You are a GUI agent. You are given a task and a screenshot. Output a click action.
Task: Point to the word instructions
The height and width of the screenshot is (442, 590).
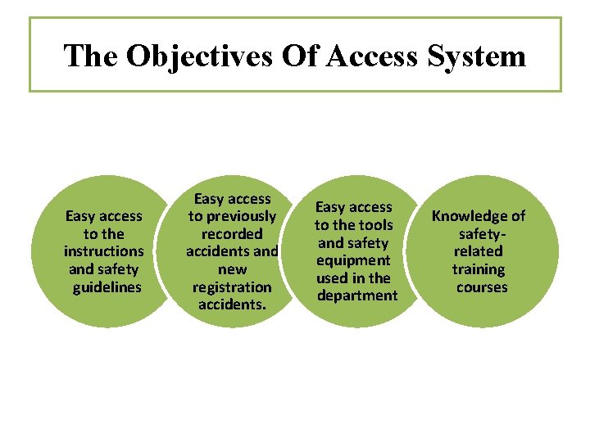[103, 251]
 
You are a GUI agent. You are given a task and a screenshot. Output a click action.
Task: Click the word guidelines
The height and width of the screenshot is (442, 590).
[107, 287]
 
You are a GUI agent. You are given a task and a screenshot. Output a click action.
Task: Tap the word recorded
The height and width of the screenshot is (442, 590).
[232, 234]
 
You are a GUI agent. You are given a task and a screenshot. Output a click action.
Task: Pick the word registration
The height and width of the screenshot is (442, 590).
[232, 286]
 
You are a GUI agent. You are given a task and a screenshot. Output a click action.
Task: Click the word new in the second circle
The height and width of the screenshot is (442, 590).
[231, 269]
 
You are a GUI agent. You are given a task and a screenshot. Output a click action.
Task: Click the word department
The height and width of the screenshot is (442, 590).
[356, 295]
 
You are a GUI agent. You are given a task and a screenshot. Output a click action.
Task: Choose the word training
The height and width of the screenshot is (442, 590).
[479, 269]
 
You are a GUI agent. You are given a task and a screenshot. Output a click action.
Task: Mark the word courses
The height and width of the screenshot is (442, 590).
[482, 287]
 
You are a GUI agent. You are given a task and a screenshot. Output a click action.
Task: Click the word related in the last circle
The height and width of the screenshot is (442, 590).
[479, 251]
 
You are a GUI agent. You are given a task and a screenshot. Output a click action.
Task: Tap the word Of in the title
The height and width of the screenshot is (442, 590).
[299, 56]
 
